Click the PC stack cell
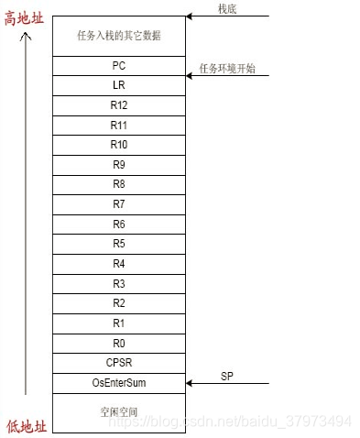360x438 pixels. click(118, 66)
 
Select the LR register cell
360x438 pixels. click(118, 85)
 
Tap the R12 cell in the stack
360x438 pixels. click(118, 105)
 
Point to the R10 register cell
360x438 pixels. click(118, 145)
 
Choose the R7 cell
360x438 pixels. click(118, 204)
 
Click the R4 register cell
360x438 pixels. click(118, 263)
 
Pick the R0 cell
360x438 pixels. click(118, 342)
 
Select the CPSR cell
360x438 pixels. click(118, 362)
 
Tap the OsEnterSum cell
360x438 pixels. click(118, 382)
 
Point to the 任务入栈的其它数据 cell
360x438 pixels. click(118, 36)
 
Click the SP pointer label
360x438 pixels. click(227, 376)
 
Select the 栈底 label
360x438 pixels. click(227, 8)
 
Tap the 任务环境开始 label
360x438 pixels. click(227, 69)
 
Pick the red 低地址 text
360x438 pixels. click(25, 423)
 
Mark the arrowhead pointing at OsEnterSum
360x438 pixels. click(190, 383)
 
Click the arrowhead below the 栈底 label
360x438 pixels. click(190, 16)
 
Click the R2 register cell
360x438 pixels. click(118, 302)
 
